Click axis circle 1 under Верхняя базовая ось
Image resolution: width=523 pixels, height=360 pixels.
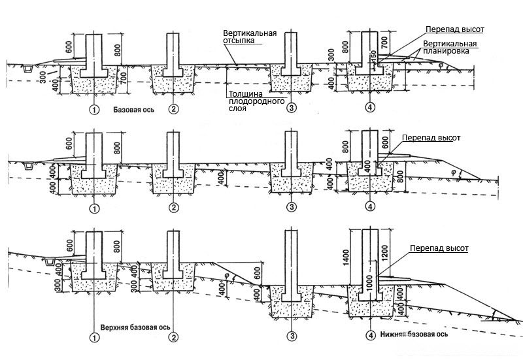click(x=94, y=337)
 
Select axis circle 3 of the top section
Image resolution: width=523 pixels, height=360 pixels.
click(x=292, y=107)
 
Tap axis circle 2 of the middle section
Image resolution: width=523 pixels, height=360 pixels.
click(x=173, y=208)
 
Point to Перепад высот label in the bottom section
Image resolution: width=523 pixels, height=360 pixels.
click(x=439, y=249)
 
